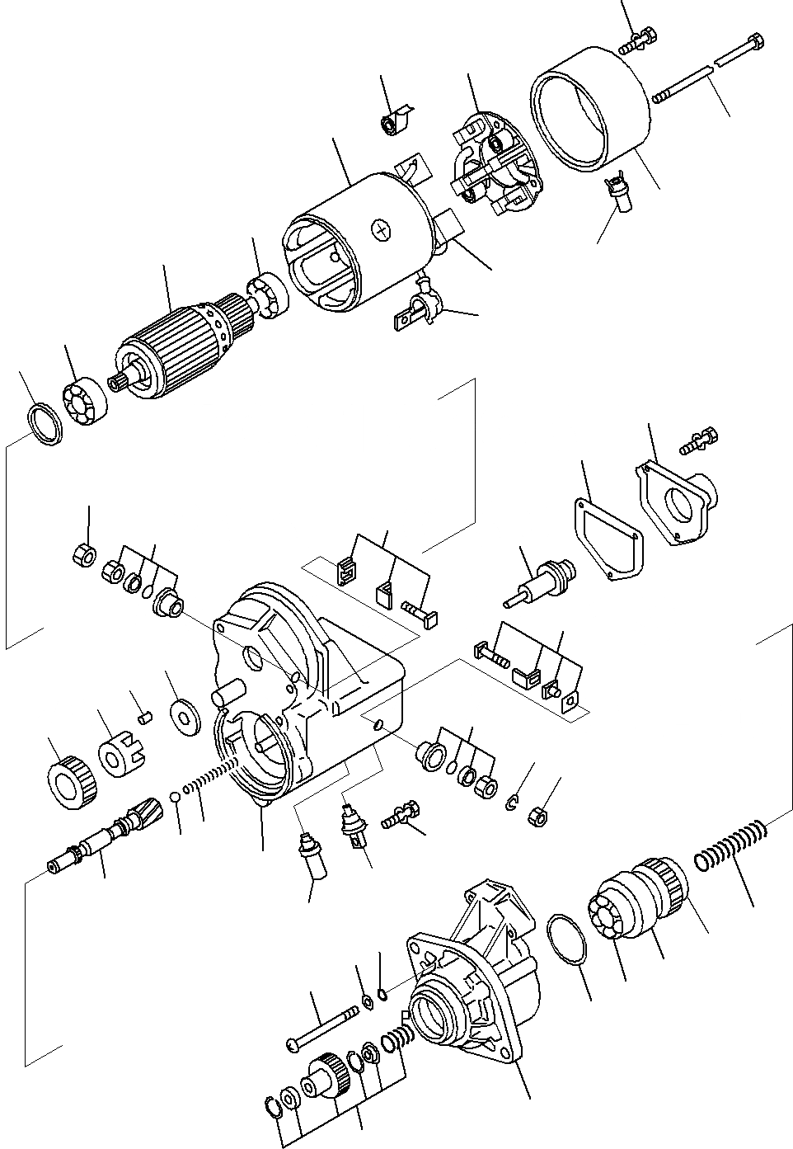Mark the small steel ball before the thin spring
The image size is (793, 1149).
pos(176,797)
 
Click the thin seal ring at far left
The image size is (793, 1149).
pos(45,425)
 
